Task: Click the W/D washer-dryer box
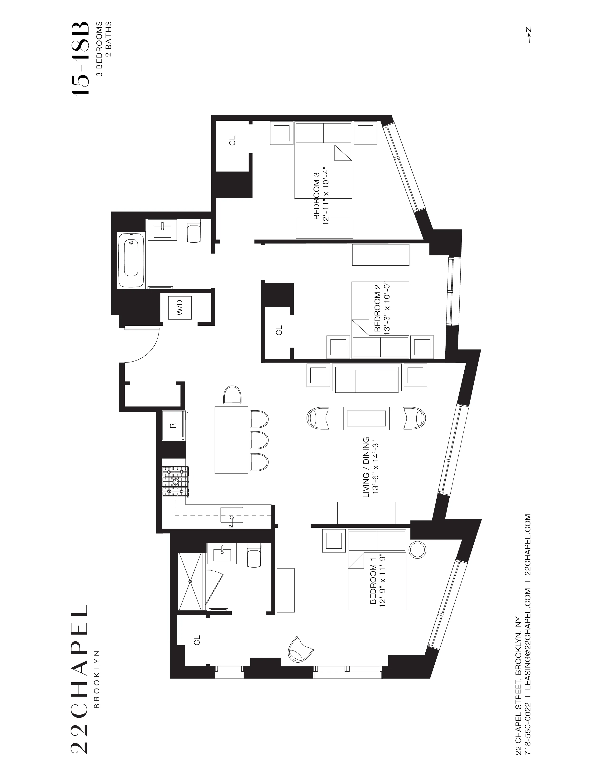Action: click(x=180, y=307)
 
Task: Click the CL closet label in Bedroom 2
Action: click(x=279, y=330)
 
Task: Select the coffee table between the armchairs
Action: click(x=366, y=418)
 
